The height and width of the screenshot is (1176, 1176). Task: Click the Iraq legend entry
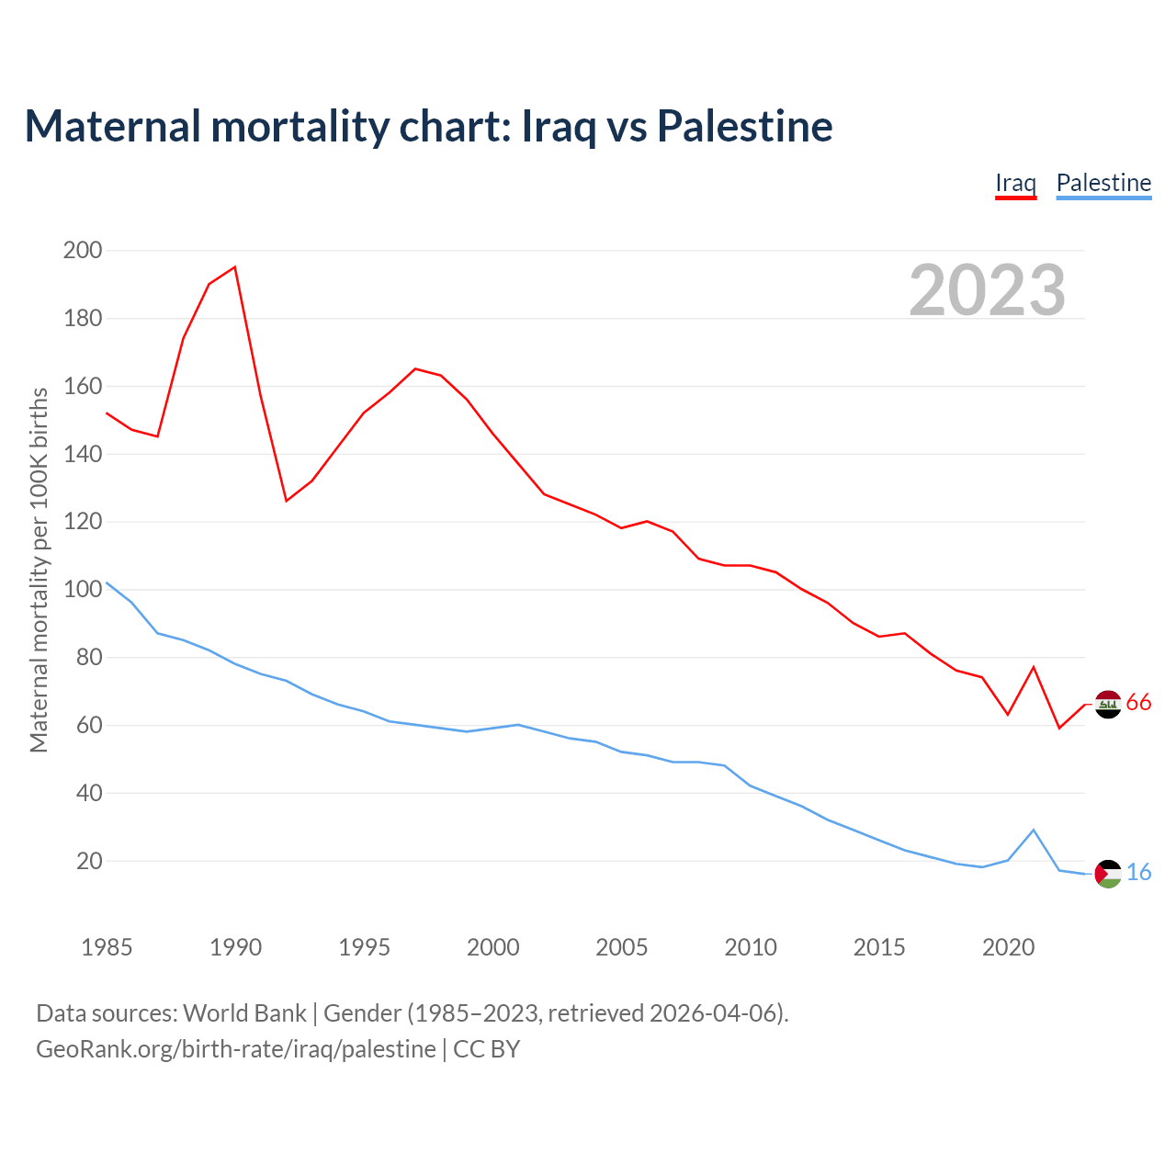(1015, 183)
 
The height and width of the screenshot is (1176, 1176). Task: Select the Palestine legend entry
(1103, 183)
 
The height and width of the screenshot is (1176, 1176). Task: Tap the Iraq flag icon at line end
(1109, 704)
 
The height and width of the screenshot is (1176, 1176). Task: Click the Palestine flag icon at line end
(1109, 874)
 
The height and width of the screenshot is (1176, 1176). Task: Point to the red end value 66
(1139, 703)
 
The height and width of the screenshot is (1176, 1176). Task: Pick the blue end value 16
(1139, 873)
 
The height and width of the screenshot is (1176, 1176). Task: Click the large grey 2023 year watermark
(988, 290)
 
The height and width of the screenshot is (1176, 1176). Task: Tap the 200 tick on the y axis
(83, 250)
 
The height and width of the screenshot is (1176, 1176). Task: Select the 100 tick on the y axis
(83, 590)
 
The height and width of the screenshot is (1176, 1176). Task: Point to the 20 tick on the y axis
(89, 861)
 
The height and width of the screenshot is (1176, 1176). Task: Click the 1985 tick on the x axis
(107, 947)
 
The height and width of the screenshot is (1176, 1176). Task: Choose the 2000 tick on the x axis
(493, 947)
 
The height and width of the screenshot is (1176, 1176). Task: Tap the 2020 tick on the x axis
(1009, 947)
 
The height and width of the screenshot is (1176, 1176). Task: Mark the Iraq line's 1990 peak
(235, 267)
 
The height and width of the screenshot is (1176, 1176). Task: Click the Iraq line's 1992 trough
(287, 501)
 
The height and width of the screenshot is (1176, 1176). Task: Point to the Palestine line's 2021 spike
(1034, 831)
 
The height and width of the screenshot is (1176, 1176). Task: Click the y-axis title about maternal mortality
(39, 570)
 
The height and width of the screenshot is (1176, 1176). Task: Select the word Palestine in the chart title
(745, 126)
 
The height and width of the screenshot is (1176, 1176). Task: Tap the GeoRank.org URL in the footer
(236, 1049)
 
